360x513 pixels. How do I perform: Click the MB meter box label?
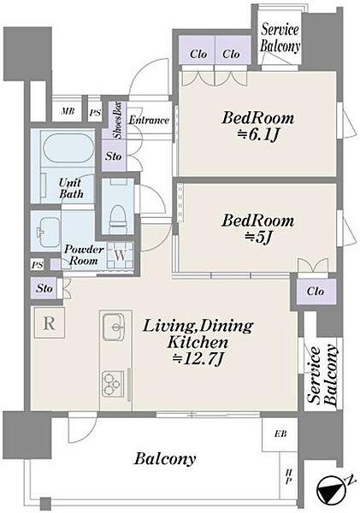coord(68,111)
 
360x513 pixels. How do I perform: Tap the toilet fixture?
coord(118,216)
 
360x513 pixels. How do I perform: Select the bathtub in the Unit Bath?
coord(68,148)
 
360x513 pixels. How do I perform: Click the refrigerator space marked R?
coord(49,323)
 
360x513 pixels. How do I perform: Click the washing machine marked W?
coord(120,256)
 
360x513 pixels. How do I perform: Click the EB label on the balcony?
coord(280,433)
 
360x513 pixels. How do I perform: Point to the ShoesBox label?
coord(117,120)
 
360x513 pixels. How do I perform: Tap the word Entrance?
coord(149,120)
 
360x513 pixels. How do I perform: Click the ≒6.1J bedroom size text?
coord(258,134)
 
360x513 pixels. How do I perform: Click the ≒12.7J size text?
coord(198,359)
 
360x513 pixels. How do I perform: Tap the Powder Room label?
coord(84,255)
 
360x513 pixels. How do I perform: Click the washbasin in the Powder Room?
coord(47,232)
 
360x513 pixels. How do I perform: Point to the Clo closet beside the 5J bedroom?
coord(316,291)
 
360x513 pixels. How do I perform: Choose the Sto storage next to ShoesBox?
coord(113,156)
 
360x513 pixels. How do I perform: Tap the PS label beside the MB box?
coord(95,113)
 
